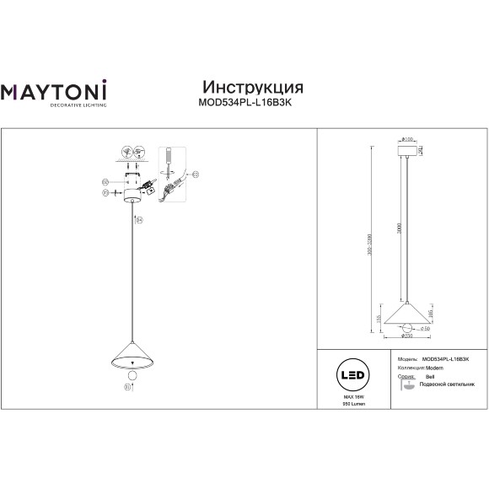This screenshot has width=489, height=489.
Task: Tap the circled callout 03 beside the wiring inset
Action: pos(195,175)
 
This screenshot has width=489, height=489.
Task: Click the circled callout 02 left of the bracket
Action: pos(105,181)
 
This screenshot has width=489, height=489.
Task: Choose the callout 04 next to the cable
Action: pos(140,220)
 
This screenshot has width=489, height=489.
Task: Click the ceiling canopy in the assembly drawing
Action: pos(132,196)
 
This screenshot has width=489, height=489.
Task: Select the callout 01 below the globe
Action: pos(127,388)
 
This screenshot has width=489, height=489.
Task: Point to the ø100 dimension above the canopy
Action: pos(406,139)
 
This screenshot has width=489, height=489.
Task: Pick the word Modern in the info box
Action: pos(432,368)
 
